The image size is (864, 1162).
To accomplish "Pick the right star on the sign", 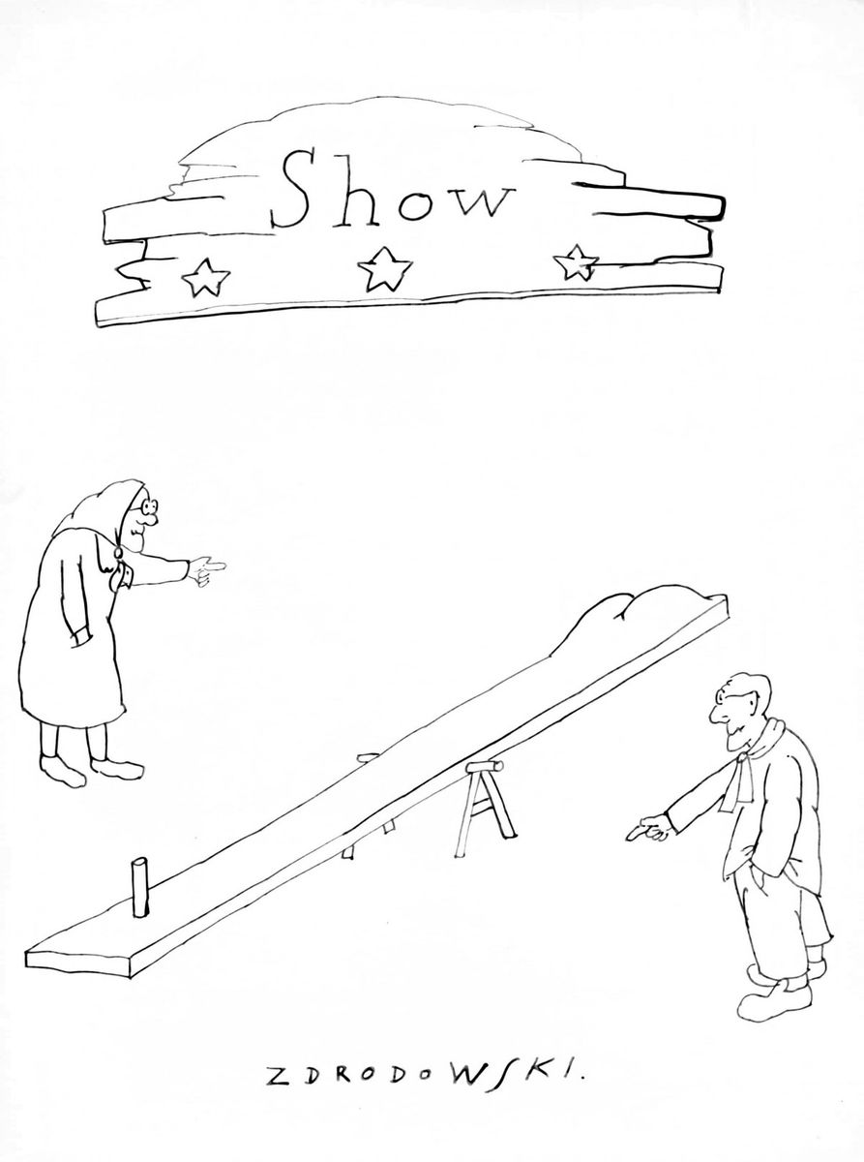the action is [x=576, y=263].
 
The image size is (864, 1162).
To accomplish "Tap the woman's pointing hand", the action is [x=207, y=569].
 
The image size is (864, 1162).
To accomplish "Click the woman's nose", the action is [x=150, y=520].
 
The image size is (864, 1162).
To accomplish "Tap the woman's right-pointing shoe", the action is [x=117, y=768].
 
